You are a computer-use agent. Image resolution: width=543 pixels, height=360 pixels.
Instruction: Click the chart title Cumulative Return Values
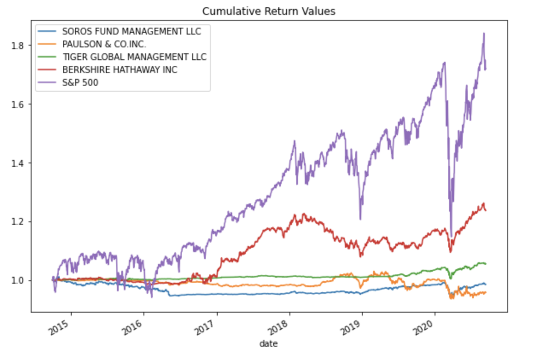click(x=269, y=11)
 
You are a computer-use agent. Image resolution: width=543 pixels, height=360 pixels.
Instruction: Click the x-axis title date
click(x=269, y=343)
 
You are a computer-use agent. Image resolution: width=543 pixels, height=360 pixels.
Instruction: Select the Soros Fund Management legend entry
click(x=131, y=31)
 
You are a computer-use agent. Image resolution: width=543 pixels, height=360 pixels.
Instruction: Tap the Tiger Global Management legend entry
click(x=134, y=57)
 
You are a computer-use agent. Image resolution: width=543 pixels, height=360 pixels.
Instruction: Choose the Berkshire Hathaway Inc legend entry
click(x=120, y=70)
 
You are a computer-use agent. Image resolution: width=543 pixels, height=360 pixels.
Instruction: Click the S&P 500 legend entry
click(x=80, y=82)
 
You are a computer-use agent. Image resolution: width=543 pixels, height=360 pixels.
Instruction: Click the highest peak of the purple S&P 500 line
click(x=484, y=33)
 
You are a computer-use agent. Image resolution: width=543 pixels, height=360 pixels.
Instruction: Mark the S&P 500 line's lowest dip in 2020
click(x=451, y=236)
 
